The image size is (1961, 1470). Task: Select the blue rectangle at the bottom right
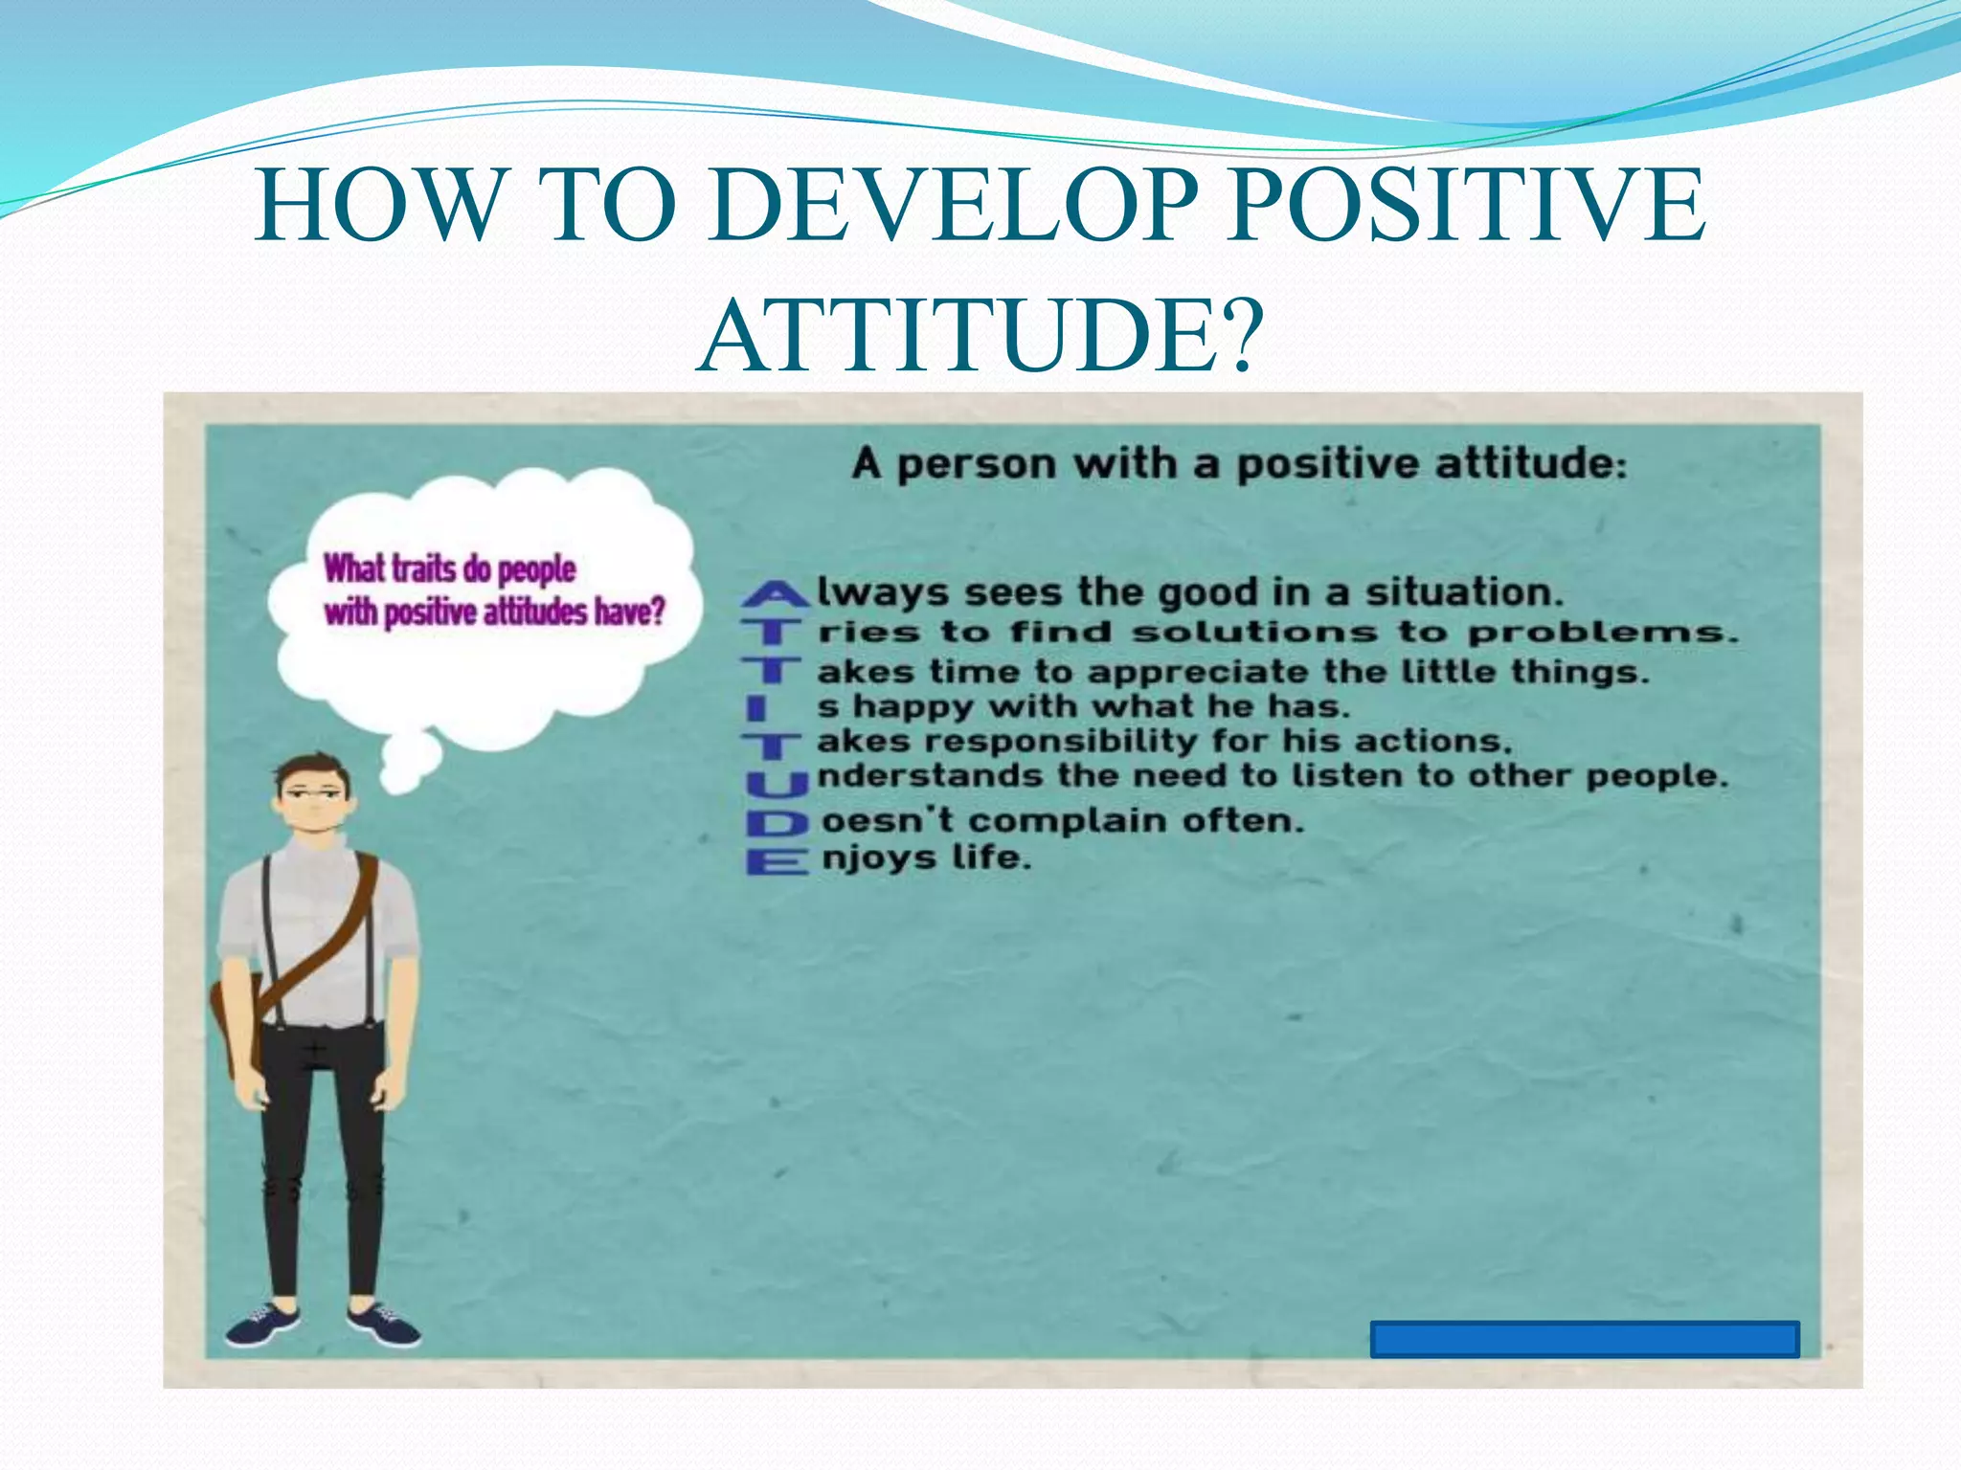1585,1339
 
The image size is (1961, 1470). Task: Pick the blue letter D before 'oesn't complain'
777,822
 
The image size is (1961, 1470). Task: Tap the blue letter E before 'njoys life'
777,861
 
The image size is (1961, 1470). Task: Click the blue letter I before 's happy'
756,709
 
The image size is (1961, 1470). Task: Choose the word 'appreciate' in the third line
1197,672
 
